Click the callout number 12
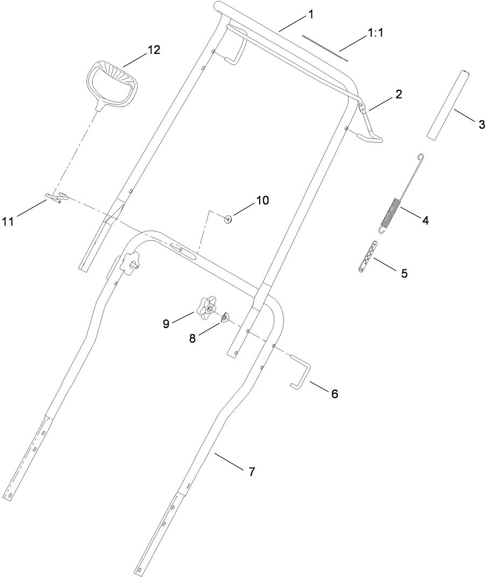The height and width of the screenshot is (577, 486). (154, 50)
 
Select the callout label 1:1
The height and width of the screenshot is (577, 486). (375, 33)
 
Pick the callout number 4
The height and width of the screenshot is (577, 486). (425, 220)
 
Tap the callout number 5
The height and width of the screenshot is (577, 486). (404, 273)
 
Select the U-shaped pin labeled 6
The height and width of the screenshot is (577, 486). (300, 371)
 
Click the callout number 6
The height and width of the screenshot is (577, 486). (334, 394)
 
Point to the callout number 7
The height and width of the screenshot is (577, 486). (252, 472)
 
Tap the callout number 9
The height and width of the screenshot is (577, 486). (166, 324)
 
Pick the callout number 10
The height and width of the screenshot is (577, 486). (262, 200)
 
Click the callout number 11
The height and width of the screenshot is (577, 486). (22, 220)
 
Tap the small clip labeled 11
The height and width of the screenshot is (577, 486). (55, 197)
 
